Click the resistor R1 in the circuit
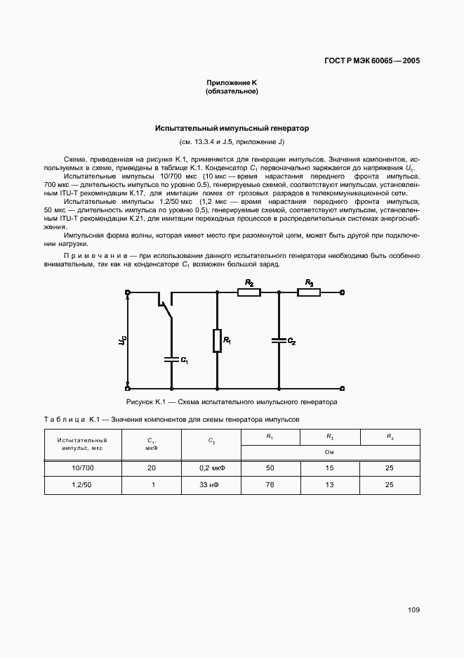tap(217, 340)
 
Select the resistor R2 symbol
tap(249, 292)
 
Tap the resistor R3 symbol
tap(309, 292)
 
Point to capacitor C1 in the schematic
tap(171, 359)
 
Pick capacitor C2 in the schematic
tap(279, 340)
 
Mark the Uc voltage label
tap(122, 340)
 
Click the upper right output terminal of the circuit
tap(342, 292)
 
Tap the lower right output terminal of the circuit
tap(342, 388)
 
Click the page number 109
tap(413, 610)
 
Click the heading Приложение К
tap(232, 83)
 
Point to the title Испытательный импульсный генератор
tap(232, 129)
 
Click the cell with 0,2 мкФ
tap(211, 467)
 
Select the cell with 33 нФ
tap(211, 485)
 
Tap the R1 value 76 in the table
tap(270, 485)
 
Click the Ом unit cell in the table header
tap(330, 453)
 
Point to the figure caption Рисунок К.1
tap(232, 403)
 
